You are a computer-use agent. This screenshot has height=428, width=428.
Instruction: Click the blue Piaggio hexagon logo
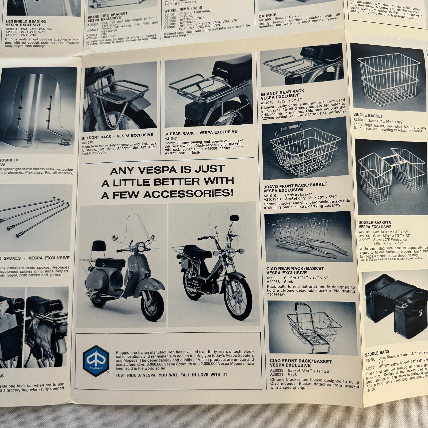pos(96,361)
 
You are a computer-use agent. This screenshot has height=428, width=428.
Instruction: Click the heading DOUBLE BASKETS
pos(375,223)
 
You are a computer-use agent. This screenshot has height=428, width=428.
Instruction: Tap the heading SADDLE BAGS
pos(377,353)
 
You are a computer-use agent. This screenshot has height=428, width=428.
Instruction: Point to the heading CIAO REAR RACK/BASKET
pos(295,269)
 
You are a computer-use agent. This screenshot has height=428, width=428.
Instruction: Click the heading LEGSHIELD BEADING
pos(25,21)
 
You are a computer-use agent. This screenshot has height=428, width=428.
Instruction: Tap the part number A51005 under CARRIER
pos(265,20)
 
